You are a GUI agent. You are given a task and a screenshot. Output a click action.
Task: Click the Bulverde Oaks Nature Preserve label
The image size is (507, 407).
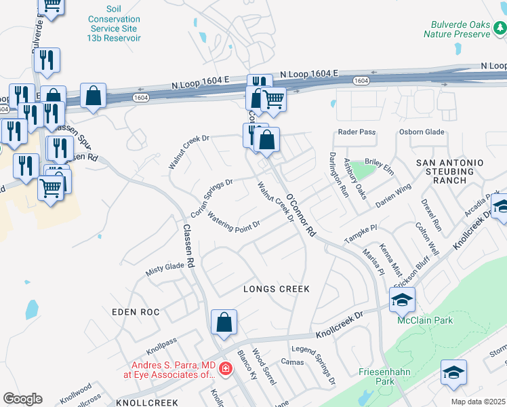click(456, 28)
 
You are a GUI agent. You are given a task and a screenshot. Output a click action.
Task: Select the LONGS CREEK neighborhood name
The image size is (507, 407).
click(277, 289)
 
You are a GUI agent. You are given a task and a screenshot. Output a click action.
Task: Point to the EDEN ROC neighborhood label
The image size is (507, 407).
click(136, 312)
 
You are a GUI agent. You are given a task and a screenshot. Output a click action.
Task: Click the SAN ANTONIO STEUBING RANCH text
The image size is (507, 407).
click(449, 172)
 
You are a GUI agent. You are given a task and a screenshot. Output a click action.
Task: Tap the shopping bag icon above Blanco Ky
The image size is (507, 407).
click(224, 323)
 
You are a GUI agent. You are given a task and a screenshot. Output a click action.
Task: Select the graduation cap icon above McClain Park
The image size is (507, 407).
click(402, 298)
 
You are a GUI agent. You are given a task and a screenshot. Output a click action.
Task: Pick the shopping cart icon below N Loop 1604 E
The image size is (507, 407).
click(273, 99)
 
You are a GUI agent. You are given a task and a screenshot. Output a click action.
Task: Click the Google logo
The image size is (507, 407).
click(22, 399)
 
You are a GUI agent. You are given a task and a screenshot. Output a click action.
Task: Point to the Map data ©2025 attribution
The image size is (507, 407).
click(478, 402)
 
